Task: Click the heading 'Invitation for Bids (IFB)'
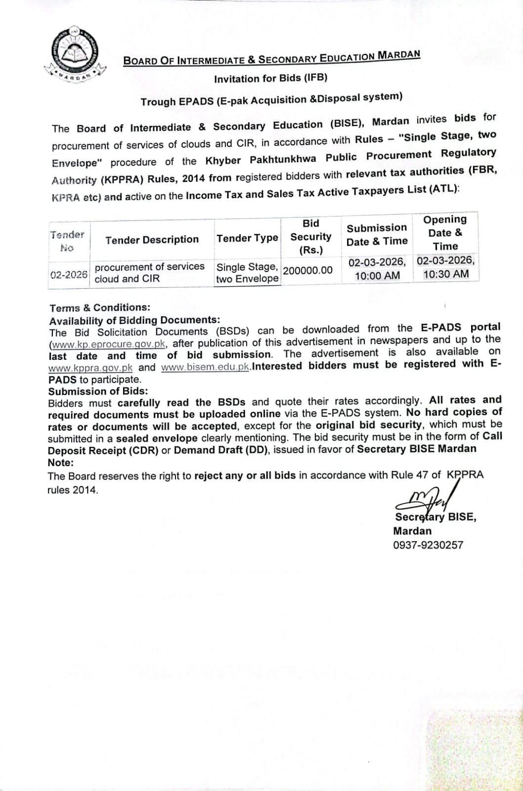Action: (x=270, y=78)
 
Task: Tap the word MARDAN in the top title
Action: (x=398, y=54)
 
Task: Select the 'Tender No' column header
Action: (x=67, y=241)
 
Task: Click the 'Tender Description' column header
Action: (x=152, y=240)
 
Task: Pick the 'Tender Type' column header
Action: (x=247, y=238)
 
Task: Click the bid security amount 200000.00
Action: (x=307, y=270)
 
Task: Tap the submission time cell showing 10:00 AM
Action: (x=377, y=276)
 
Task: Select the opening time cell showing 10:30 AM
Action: (x=446, y=274)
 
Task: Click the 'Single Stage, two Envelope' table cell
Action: (x=247, y=273)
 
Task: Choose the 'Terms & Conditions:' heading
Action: (x=100, y=308)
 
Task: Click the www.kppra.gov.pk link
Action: (x=90, y=368)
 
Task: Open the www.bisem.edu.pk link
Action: (x=205, y=367)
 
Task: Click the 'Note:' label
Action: (x=60, y=463)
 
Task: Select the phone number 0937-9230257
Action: (x=428, y=545)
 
